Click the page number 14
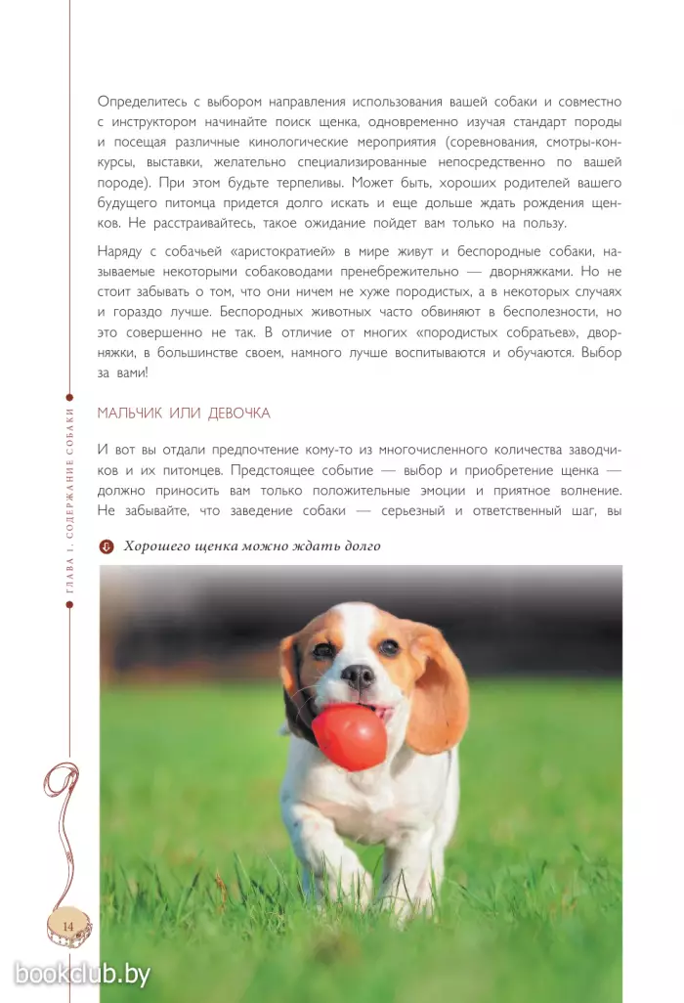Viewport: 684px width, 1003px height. pyautogui.click(x=68, y=925)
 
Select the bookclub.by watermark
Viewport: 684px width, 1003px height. pyautogui.click(x=82, y=973)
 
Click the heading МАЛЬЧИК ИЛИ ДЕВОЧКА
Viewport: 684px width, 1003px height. pyautogui.click(x=184, y=414)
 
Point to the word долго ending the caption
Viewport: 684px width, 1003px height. pyautogui.click(x=359, y=546)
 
